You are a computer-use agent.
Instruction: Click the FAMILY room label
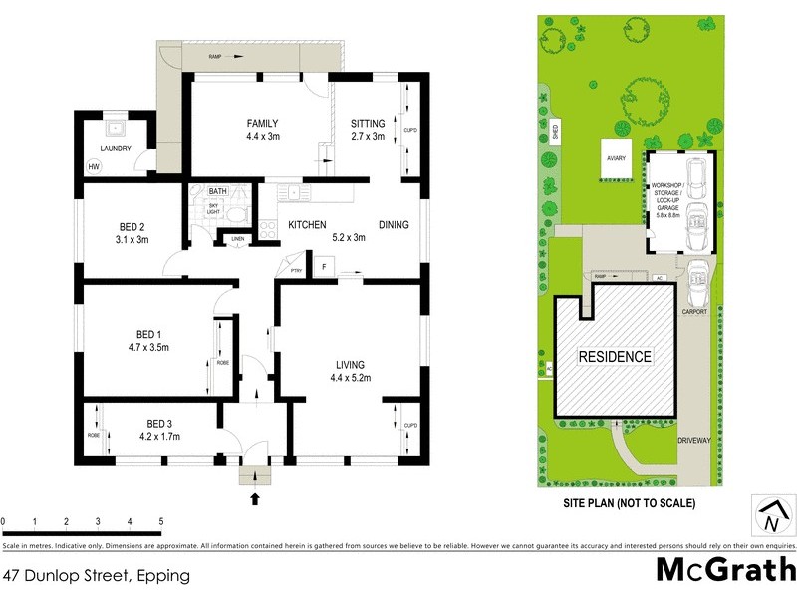[262, 123]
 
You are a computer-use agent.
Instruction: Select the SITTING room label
[367, 123]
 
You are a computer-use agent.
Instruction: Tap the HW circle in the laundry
[94, 166]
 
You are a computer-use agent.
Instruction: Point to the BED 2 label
[132, 226]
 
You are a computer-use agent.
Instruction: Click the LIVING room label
[350, 365]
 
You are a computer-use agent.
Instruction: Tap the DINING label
[394, 225]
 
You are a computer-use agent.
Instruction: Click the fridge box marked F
[323, 266]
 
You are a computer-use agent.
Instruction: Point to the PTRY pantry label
[296, 270]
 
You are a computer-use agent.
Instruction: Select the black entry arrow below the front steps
[255, 497]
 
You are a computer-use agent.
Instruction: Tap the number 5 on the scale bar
[160, 521]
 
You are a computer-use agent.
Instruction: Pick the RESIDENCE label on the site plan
[616, 356]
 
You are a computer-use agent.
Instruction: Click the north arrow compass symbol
[770, 516]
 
